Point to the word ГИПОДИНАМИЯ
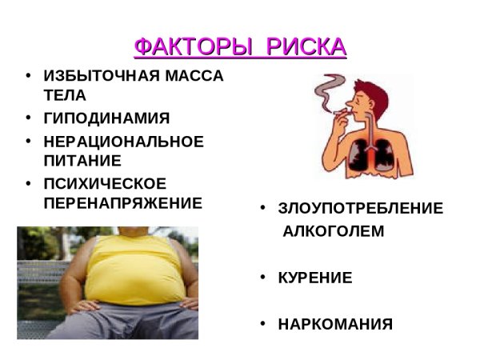[x=106, y=119]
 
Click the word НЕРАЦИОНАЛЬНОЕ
[x=123, y=142]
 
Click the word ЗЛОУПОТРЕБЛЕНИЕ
[x=360, y=209]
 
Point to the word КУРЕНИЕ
[x=314, y=278]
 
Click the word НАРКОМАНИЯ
[x=335, y=325]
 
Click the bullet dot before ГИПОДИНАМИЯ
[x=28, y=119]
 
